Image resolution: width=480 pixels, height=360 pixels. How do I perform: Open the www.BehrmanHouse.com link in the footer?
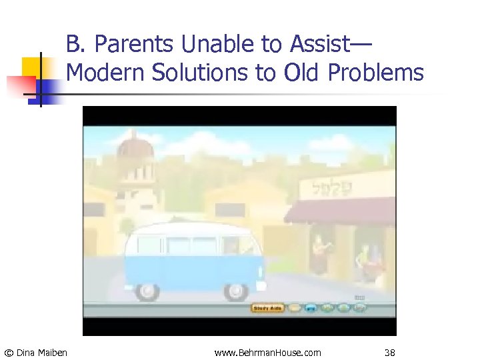(267, 352)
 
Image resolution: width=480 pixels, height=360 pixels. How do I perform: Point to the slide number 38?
(390, 352)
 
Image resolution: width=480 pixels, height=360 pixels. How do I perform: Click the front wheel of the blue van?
(235, 291)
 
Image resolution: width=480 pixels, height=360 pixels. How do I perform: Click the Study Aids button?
(267, 308)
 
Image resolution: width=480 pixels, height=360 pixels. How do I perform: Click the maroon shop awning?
(340, 212)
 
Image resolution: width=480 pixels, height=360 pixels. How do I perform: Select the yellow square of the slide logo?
(31, 67)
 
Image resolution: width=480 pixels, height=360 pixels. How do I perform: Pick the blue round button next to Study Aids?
(311, 308)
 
